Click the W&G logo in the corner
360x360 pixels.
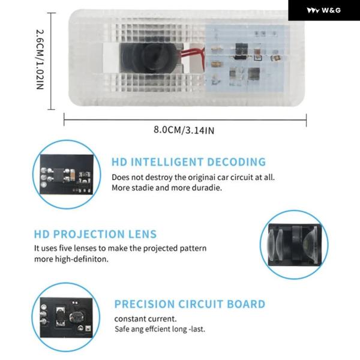pyautogui.click(x=323, y=10)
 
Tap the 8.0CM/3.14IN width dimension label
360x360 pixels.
pyautogui.click(x=184, y=130)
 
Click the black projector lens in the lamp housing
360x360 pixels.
pyautogui.click(x=146, y=56)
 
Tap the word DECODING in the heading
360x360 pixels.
pyautogui.click(x=236, y=162)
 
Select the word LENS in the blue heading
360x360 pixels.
pyautogui.click(x=142, y=234)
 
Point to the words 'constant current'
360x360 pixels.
pyautogui.click(x=145, y=319)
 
